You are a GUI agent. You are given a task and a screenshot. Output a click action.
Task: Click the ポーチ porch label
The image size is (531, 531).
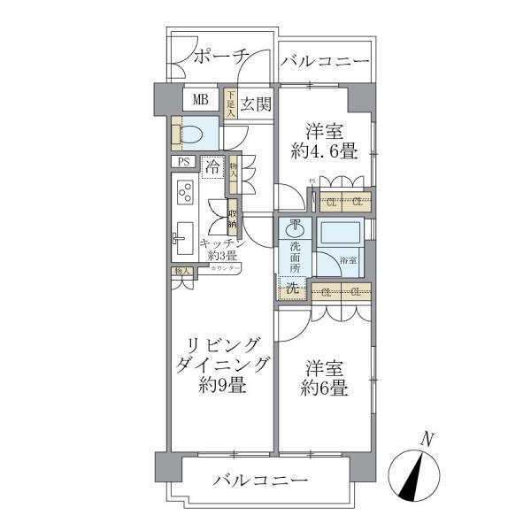click(x=219, y=56)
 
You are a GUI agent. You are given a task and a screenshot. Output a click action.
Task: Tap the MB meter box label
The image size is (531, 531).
click(x=201, y=99)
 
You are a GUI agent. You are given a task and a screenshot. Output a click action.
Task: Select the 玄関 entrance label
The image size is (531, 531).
click(x=256, y=104)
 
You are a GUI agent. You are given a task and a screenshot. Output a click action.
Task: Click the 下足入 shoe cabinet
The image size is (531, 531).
click(x=231, y=104)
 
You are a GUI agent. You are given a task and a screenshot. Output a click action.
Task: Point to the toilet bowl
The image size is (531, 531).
click(x=196, y=134)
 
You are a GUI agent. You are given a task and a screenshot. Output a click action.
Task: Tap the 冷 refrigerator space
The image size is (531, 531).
click(x=212, y=165)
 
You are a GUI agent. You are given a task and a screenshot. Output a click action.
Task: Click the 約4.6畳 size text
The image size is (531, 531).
click(x=326, y=151)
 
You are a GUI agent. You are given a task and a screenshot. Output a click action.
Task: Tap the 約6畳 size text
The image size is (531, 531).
click(x=327, y=387)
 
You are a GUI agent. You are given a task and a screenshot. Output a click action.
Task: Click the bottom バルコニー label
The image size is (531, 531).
click(x=259, y=482)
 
